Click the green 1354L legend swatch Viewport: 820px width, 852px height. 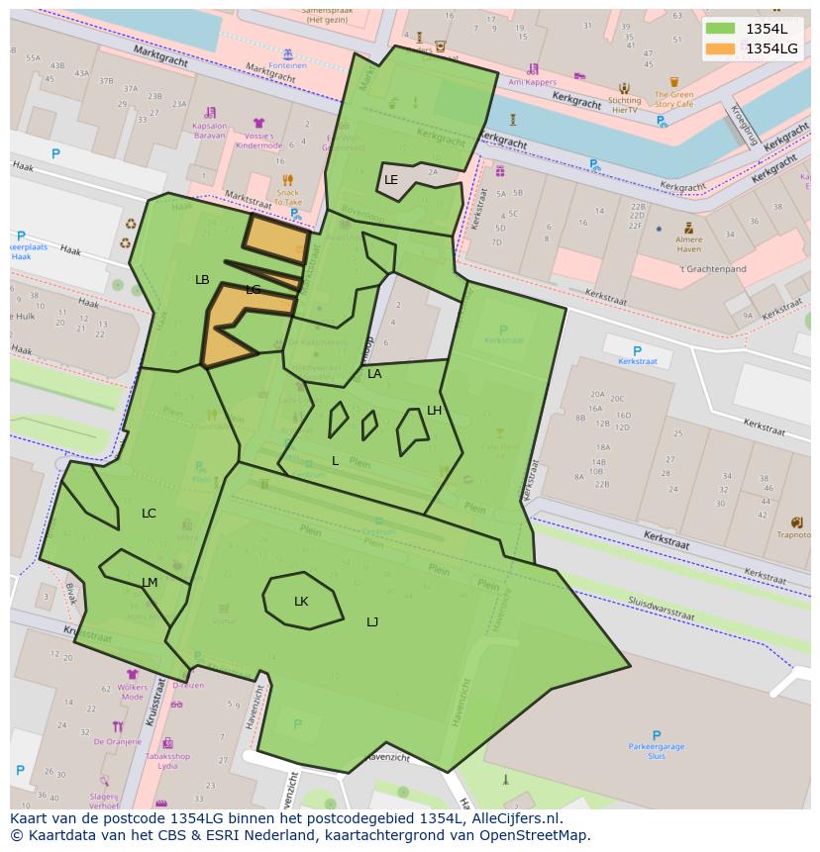tap(721, 29)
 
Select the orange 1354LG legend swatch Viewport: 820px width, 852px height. tap(721, 48)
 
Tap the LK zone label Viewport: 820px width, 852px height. tap(301, 602)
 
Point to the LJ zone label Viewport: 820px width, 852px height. tap(372, 622)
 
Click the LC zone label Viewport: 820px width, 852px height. tap(149, 514)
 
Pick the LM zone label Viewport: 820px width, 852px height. tap(150, 583)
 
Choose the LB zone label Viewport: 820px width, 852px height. tap(202, 280)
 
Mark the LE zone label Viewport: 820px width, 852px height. tap(391, 180)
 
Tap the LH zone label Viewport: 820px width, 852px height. tap(434, 411)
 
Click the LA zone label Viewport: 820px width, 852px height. tap(374, 374)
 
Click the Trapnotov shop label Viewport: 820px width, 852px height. tap(794, 535)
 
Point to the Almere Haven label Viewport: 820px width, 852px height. tap(688, 243)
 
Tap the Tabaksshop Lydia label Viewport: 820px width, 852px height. tap(168, 761)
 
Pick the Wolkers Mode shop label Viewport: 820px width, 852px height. tap(132, 692)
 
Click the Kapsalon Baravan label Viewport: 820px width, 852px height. tap(209, 131)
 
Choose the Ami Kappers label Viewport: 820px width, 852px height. tap(532, 83)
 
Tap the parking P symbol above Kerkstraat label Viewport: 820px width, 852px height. tap(637, 351)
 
